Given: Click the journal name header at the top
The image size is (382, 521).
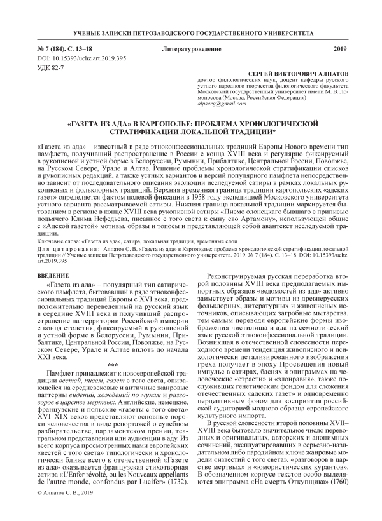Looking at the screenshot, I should coord(191,32).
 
